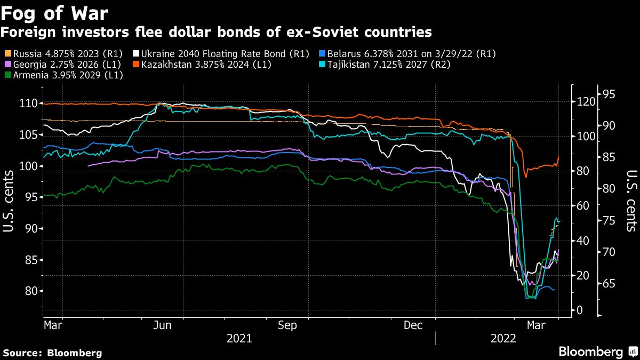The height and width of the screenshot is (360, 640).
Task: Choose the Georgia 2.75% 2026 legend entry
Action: [64, 65]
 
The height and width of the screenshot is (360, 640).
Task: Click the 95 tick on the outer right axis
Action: [609, 94]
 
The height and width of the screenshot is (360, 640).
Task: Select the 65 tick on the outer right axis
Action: [609, 283]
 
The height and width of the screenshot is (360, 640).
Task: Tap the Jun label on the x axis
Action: [163, 325]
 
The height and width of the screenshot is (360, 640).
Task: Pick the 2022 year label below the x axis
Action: [503, 339]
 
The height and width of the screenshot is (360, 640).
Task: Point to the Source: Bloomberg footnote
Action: [52, 353]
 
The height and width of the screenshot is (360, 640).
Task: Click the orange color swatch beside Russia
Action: [7, 54]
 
